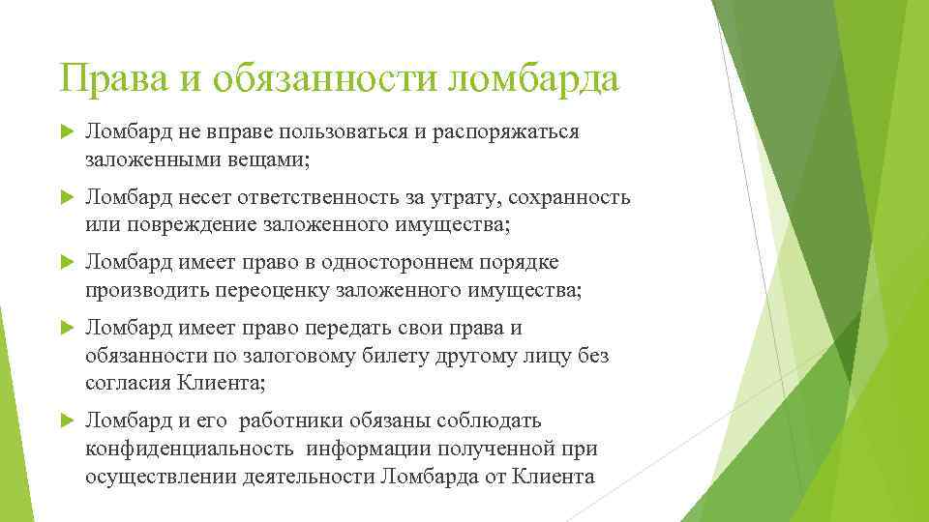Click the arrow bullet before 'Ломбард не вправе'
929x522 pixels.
[67, 132]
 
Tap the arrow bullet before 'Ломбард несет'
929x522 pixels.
[67, 198]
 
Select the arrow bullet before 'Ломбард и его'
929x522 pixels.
[67, 421]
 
